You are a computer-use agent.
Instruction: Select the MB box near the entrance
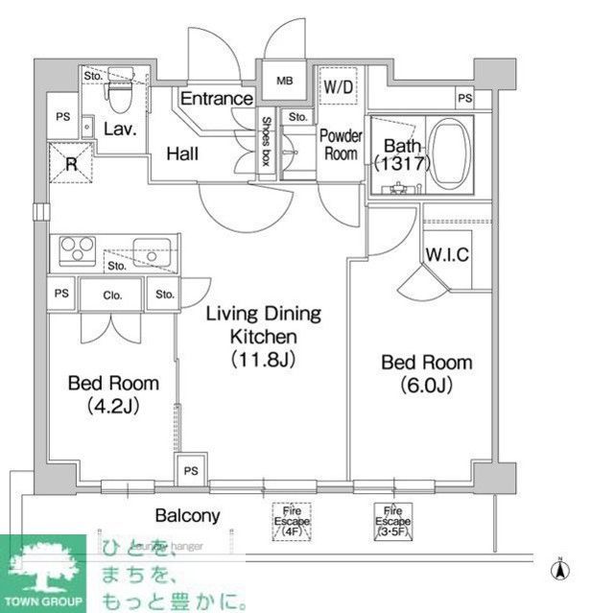(284, 80)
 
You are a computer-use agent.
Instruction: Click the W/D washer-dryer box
(337, 87)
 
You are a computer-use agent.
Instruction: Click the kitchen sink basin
(151, 249)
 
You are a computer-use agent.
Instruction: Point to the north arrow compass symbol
(556, 570)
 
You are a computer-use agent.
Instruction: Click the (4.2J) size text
(113, 406)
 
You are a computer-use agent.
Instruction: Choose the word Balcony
(187, 516)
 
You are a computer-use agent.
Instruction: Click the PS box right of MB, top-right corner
(464, 99)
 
